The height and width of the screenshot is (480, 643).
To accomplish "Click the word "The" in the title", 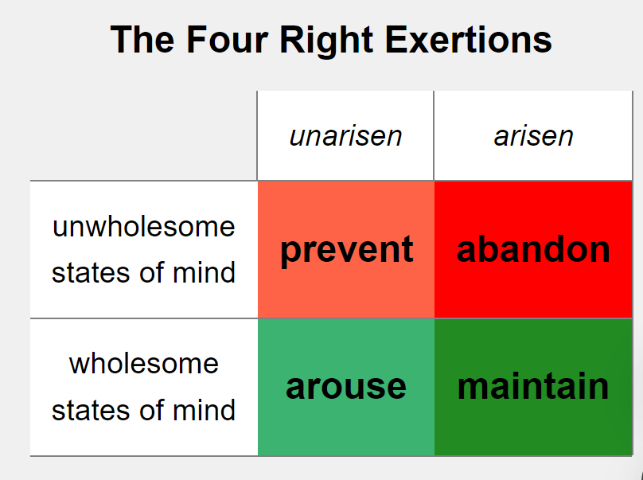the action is click(x=142, y=39).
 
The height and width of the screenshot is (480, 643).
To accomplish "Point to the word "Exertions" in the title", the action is click(x=468, y=39).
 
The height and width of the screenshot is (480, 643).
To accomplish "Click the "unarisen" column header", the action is click(x=345, y=136).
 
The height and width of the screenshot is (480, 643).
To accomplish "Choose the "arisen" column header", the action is click(x=533, y=136).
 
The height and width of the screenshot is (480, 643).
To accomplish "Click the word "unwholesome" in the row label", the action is click(x=143, y=226).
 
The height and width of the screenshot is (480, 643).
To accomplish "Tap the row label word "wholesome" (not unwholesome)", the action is click(x=143, y=364).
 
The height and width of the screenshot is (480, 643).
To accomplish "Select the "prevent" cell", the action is click(x=346, y=249).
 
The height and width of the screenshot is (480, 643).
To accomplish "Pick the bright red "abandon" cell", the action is click(x=533, y=249).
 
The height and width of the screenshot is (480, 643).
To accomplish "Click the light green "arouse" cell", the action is click(x=346, y=387).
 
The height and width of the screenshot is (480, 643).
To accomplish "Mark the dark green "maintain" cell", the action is click(x=533, y=387).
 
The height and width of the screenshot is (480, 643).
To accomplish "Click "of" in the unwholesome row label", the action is click(x=152, y=272).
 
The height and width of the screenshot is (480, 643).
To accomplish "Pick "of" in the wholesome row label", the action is click(x=152, y=410).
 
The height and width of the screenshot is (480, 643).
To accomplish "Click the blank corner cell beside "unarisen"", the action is click(x=143, y=135).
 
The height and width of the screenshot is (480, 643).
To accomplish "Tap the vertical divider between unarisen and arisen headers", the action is click(x=434, y=135).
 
